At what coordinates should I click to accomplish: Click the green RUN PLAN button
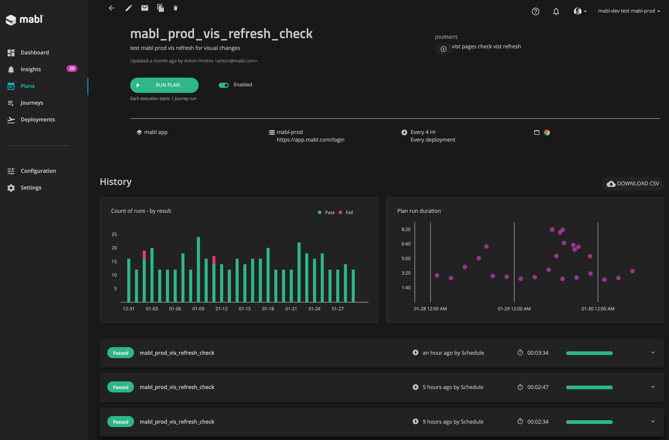click(164, 85)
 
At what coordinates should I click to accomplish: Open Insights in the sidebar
click(31, 69)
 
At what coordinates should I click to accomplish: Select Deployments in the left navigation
click(38, 120)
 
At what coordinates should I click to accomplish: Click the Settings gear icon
click(11, 188)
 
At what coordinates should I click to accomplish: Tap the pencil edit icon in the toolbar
click(128, 8)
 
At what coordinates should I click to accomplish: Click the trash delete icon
click(175, 8)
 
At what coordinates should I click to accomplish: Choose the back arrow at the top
click(111, 8)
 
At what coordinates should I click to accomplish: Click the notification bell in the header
click(556, 12)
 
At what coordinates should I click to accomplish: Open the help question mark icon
click(535, 12)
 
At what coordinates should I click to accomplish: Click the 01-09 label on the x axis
click(198, 309)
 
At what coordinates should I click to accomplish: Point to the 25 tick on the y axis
click(114, 234)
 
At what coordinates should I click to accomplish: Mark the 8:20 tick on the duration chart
click(406, 229)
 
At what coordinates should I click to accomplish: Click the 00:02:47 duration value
click(538, 387)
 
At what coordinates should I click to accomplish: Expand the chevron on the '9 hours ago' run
click(653, 421)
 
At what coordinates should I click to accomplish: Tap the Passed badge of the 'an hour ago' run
click(121, 353)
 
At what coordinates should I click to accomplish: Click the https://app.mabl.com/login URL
click(310, 140)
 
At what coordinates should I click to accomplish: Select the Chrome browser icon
click(547, 132)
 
